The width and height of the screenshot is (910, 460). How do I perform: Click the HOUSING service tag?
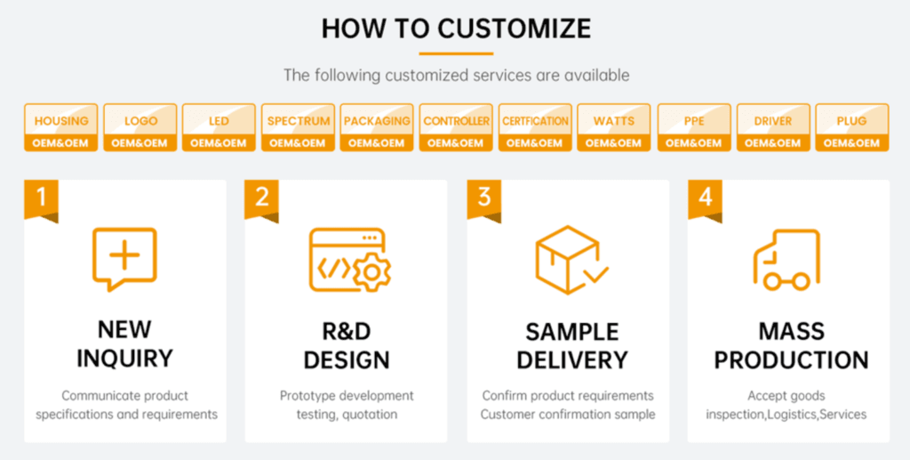[x=60, y=127]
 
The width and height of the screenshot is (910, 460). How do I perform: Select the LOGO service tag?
[x=140, y=127]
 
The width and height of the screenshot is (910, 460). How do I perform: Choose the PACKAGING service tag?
[x=377, y=127]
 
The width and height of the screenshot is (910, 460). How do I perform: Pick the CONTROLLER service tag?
[x=456, y=127]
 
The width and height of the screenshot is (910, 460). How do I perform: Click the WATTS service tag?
[x=614, y=127]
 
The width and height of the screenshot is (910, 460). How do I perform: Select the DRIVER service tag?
[x=773, y=127]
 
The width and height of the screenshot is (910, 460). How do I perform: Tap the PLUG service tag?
[x=852, y=127]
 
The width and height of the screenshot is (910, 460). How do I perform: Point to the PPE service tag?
[x=694, y=127]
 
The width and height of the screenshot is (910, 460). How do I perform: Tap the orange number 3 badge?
[x=483, y=198]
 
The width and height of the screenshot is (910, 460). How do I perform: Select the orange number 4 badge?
[x=705, y=198]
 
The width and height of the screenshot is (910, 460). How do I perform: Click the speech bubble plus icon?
[x=124, y=258]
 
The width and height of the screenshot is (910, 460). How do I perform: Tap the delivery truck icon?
[x=786, y=260]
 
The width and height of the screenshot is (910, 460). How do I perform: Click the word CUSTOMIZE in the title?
[x=514, y=28]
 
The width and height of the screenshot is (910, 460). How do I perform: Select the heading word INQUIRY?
[x=124, y=359]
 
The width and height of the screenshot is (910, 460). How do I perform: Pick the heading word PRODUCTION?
[x=791, y=359]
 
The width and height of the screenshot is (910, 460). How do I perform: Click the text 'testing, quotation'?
[x=347, y=414]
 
